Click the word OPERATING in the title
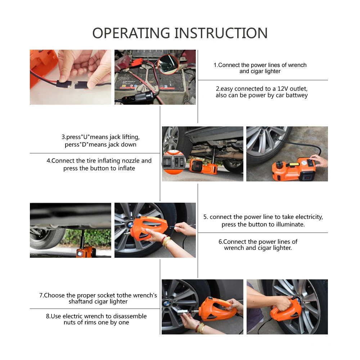pos(131,33)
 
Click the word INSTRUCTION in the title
pos(221,33)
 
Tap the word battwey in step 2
pos(297,95)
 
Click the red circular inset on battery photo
pos(168,64)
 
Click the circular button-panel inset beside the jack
pos(174,162)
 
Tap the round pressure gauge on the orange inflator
pos(304,163)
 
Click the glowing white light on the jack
pos(80,254)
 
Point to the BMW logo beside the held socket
pos(167,303)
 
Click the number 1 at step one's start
pos(215,65)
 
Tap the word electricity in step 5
pos(309,217)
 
